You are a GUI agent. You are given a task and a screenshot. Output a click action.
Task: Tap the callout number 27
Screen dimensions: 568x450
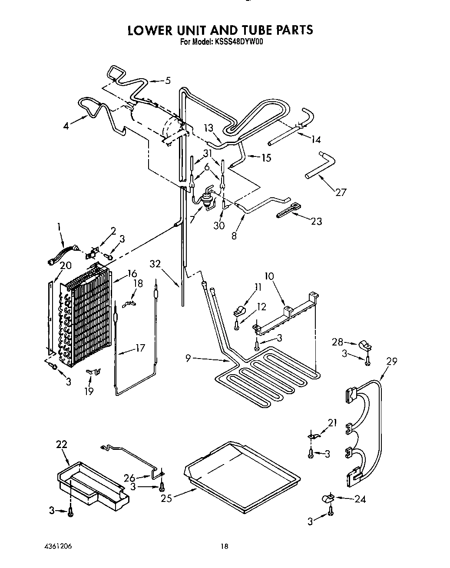click(341, 192)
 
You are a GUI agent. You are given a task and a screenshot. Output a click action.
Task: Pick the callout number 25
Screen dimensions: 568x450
click(166, 498)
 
